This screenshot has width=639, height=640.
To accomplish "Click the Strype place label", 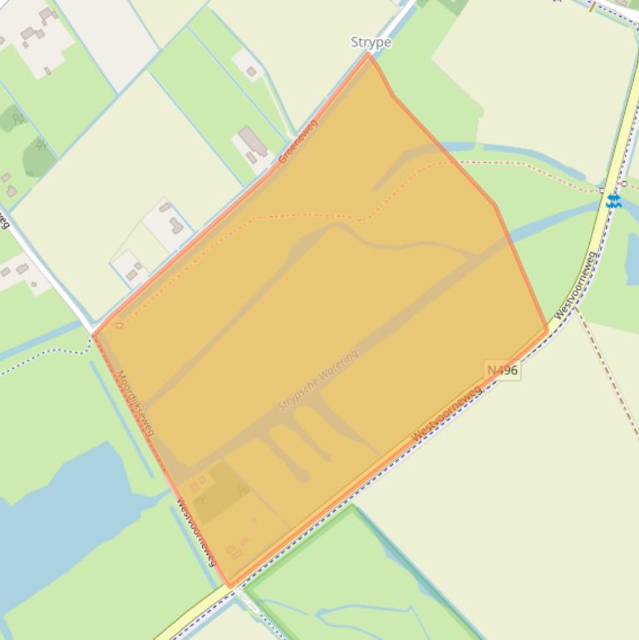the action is [371, 42].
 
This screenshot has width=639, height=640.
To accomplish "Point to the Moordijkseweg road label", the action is [136, 403].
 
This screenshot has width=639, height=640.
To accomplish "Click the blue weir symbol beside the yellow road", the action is [613, 200].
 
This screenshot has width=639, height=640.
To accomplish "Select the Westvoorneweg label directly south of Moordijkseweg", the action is [197, 531].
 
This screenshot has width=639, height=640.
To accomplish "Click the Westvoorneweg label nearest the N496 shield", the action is [446, 413].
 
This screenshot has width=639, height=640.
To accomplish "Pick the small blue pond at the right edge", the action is [632, 258].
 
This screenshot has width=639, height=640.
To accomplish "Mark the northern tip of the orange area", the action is [370, 55].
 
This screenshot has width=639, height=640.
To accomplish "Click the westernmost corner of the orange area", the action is [93, 336].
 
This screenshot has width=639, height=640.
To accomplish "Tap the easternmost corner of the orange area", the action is [548, 329].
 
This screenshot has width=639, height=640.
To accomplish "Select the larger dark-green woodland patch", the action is [38, 155].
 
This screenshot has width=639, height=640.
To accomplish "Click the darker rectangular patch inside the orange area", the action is [219, 492].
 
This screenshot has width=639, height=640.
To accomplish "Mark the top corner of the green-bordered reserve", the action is [352, 506].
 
